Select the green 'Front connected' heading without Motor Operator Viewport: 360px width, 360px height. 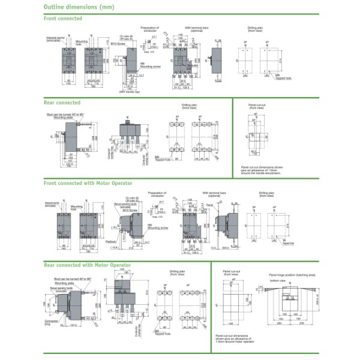tap(63, 19)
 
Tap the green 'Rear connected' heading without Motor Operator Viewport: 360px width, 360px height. tap(62, 103)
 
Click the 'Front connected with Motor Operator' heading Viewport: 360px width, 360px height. tap(88, 182)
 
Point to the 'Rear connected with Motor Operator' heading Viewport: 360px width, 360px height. tap(88, 264)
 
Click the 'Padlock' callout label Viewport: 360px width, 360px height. tap(111, 241)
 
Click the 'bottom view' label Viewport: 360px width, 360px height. tap(277, 280)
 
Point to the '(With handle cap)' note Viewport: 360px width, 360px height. tap(128, 91)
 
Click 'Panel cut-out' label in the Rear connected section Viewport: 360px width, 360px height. tap(257, 104)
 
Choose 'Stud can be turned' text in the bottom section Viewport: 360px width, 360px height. tap(69, 279)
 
